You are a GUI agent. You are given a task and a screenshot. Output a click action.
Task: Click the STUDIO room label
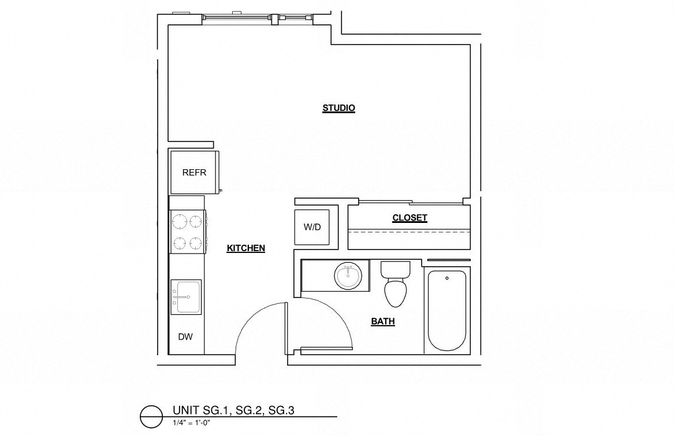tap(338, 108)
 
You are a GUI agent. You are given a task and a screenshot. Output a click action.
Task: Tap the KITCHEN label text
tap(245, 248)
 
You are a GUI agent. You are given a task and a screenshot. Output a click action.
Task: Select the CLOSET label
tap(409, 218)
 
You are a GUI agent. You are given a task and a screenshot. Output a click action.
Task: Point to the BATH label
tap(383, 322)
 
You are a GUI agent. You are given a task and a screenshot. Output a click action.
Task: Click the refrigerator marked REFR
tap(194, 172)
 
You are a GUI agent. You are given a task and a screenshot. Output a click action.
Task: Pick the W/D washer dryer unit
tap(312, 227)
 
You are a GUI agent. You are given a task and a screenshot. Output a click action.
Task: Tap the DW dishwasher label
tap(185, 337)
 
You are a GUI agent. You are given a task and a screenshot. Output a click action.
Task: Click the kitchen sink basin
tap(186, 296)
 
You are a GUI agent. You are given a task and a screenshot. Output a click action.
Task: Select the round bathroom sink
tap(349, 275)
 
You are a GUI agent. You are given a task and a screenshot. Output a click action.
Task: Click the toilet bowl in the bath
tap(397, 292)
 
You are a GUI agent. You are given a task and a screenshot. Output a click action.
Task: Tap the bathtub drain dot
tap(447, 278)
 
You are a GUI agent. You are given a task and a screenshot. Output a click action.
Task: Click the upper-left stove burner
tap(178, 221)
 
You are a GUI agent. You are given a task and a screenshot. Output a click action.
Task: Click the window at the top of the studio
tap(258, 18)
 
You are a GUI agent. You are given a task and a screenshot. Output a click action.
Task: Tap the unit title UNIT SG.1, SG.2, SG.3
tap(234, 411)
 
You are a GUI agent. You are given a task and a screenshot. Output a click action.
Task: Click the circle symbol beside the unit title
tap(152, 416)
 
